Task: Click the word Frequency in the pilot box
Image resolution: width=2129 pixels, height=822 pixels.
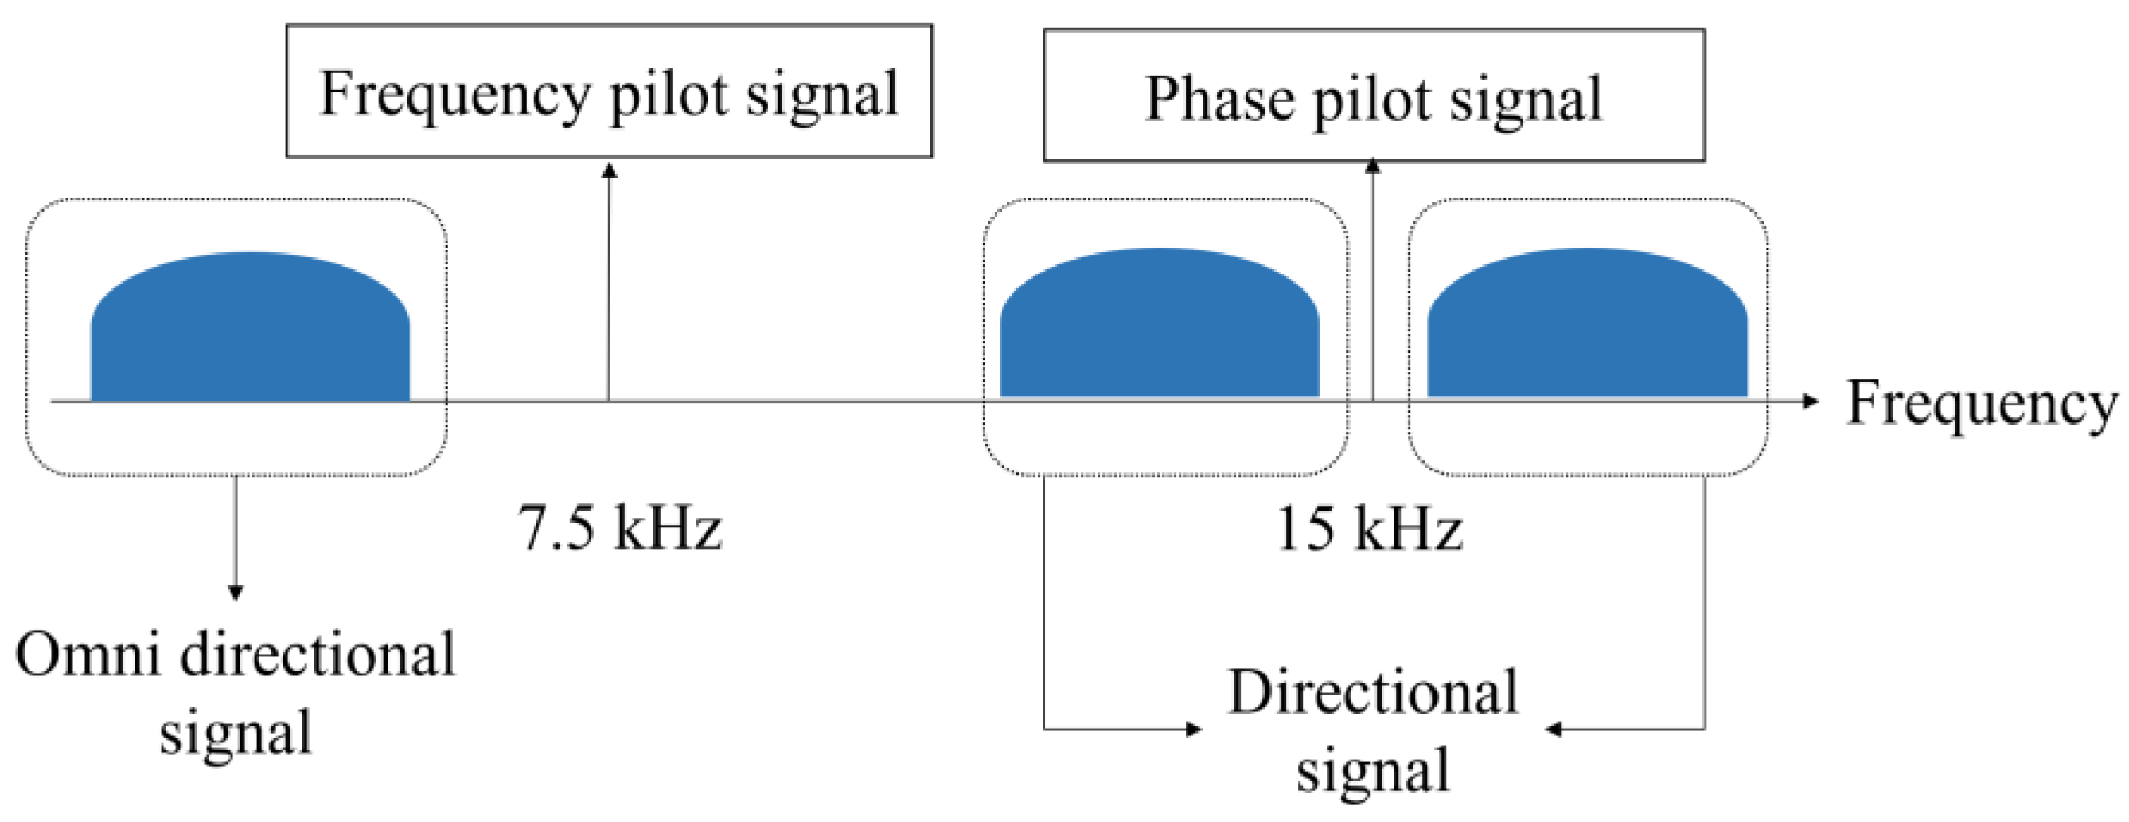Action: pos(454,96)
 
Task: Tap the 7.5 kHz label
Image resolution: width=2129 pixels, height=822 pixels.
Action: pos(620,527)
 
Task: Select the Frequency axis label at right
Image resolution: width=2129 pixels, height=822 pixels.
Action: pos(1981,405)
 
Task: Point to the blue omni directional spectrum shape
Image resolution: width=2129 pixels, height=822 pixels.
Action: pos(250,331)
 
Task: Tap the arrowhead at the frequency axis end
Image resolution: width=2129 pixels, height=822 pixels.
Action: pos(1811,401)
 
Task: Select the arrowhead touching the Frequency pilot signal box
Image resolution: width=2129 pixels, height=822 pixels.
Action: pos(609,170)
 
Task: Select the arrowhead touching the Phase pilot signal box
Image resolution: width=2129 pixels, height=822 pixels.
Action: pos(1373,166)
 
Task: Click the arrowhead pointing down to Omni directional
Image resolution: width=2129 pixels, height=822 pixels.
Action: pos(236,592)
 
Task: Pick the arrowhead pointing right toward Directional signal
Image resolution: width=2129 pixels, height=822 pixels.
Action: pos(1195,729)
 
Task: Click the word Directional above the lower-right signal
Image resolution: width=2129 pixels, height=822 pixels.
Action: pos(1373,691)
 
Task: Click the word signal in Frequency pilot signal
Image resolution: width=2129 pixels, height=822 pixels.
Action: pos(821,96)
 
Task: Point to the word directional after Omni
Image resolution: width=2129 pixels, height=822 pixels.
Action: pos(318,655)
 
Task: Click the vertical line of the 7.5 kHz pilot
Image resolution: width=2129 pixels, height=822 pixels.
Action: pos(609,289)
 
